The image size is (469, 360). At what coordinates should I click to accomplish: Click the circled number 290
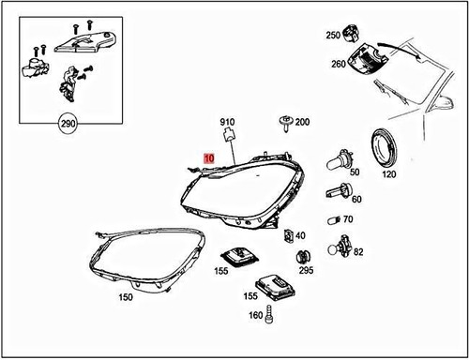pos(68,124)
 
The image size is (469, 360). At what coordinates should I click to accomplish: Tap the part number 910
pos(226,122)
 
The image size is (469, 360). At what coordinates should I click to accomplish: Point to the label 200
pos(301,123)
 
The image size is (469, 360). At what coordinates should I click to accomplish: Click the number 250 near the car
pos(333,35)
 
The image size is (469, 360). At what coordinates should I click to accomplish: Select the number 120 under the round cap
pos(387,174)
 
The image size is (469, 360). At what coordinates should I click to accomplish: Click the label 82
pos(358,252)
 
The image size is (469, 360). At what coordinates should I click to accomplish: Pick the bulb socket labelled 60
pos(335,192)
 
